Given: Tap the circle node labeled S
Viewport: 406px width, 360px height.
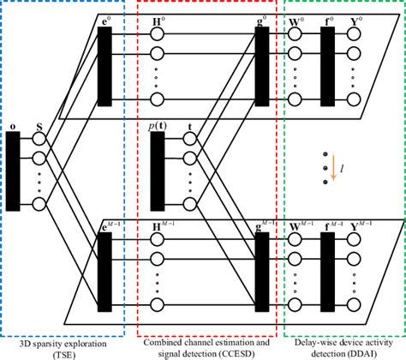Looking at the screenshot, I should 39,138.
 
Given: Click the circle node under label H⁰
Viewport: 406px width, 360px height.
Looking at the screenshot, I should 157,34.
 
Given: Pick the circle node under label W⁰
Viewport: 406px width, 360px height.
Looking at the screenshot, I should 296,34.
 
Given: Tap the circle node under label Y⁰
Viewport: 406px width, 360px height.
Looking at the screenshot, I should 357,34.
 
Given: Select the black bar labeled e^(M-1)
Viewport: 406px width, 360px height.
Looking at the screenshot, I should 106,267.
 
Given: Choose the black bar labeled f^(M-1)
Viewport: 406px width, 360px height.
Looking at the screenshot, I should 326,267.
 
